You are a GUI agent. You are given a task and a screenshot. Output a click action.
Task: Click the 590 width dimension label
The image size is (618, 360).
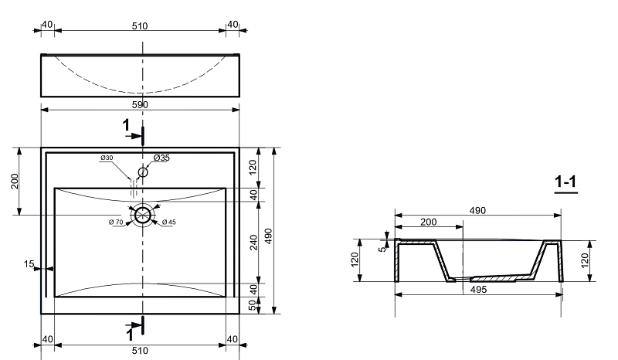pos(140,105)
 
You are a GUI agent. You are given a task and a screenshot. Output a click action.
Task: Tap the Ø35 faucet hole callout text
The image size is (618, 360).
pos(161,158)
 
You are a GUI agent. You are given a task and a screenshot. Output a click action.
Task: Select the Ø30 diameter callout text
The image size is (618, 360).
pos(107,158)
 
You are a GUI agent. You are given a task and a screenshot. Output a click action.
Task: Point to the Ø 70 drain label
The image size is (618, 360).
pos(116,222)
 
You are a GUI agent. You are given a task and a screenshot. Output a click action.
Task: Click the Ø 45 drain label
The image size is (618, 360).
pos(168,222)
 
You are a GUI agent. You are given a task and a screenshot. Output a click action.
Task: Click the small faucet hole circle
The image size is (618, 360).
pos(143,172)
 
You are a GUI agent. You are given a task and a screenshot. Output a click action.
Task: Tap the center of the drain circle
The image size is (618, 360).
pos(143,216)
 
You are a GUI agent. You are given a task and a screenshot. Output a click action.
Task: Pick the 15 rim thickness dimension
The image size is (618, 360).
pos(29,263)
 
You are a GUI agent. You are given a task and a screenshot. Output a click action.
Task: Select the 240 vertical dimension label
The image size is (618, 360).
pos(253,243)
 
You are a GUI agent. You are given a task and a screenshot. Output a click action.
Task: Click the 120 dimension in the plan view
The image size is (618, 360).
pos(253,167)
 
